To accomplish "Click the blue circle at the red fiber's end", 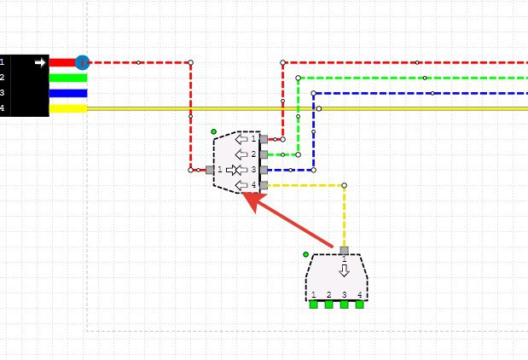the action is (x=82, y=62).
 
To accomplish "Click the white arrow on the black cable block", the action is (x=40, y=62).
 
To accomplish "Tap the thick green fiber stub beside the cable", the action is (x=68, y=78).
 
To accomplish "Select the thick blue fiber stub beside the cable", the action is (x=68, y=93).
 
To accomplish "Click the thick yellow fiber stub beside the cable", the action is (x=68, y=108).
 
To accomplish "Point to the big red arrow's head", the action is (x=253, y=201).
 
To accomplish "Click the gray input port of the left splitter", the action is (x=210, y=170).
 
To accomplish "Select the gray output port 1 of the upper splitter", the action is (x=264, y=139).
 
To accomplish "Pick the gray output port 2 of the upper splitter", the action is (x=264, y=154).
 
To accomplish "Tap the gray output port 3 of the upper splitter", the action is (x=264, y=170).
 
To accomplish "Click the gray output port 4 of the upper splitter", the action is (x=264, y=185).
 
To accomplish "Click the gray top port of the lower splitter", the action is (x=344, y=251).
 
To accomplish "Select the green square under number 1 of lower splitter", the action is (x=314, y=305).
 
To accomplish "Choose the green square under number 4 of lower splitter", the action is (x=360, y=305).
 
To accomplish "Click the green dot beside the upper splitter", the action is (x=213, y=131).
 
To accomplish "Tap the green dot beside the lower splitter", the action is (x=305, y=254).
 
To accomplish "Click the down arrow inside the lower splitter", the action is (x=344, y=270).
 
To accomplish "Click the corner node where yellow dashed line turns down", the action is (x=344, y=185).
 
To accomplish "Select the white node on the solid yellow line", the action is (x=319, y=108).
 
